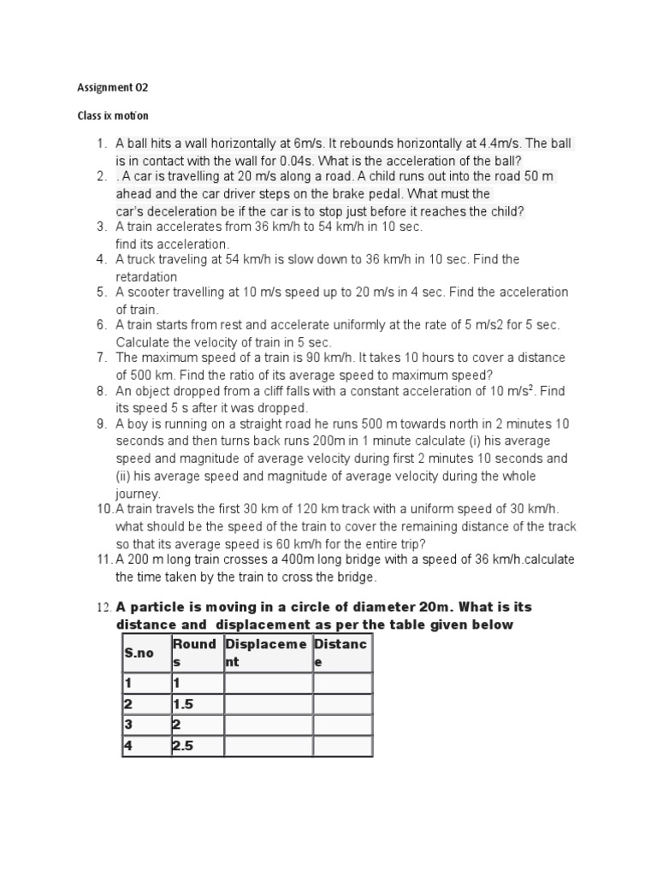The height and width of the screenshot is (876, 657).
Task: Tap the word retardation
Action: pyautogui.click(x=146, y=276)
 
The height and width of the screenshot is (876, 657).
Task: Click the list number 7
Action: pyautogui.click(x=100, y=358)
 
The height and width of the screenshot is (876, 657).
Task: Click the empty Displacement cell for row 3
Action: pyautogui.click(x=268, y=725)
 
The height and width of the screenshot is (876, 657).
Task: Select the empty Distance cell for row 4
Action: pyautogui.click(x=342, y=746)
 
